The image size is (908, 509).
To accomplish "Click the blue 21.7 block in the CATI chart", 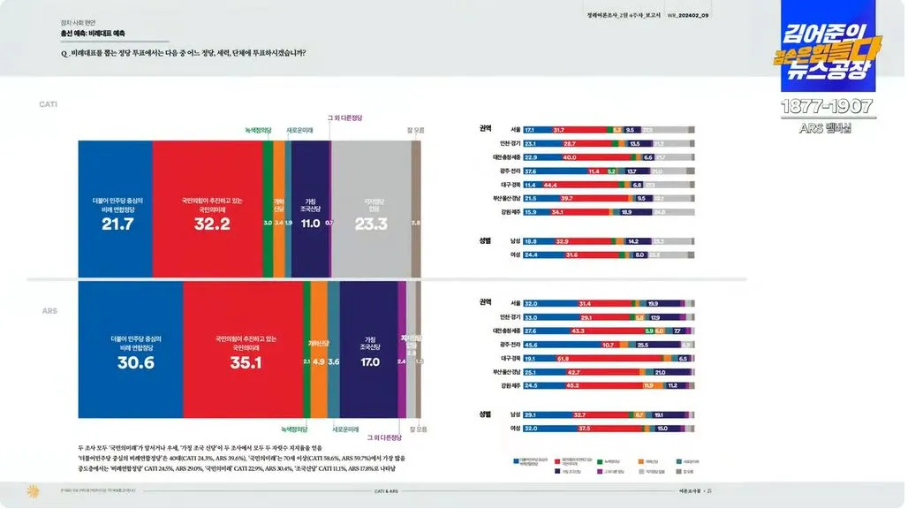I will [x=116, y=209].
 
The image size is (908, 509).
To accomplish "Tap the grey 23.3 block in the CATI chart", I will [x=371, y=209].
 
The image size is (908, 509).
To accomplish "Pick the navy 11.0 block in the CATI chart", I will [x=310, y=209].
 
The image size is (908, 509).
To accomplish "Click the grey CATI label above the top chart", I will [x=48, y=104].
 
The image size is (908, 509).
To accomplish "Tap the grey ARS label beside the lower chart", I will [x=49, y=311].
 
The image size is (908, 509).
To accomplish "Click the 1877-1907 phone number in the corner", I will [x=828, y=107].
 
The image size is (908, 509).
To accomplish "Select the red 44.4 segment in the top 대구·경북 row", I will [x=584, y=185].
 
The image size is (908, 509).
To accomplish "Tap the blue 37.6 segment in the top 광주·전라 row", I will [x=555, y=171].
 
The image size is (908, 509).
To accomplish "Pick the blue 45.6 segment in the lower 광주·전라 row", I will [x=561, y=345].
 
